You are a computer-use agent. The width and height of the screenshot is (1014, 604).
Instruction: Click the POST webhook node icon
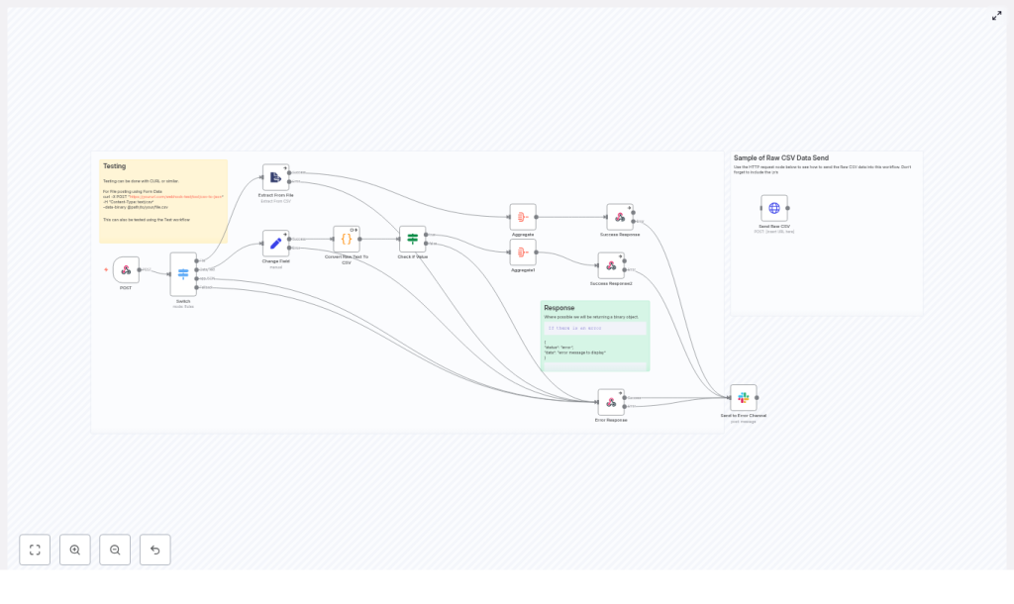(x=126, y=269)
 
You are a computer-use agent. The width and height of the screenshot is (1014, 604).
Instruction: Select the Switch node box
(x=183, y=274)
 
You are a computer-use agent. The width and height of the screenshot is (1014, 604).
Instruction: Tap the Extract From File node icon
(x=275, y=177)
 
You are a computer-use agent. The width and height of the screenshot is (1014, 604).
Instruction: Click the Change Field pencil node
(x=275, y=244)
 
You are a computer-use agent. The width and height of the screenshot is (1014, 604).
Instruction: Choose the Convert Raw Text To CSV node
(x=347, y=239)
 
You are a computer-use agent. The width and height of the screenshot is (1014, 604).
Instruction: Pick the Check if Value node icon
(x=413, y=239)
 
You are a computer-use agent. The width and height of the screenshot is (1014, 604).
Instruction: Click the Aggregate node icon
(x=523, y=217)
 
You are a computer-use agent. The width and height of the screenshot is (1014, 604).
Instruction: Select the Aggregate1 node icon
(x=523, y=252)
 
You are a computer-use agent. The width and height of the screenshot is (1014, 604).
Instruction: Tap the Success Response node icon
(x=620, y=217)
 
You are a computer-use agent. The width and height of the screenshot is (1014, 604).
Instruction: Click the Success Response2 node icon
(x=611, y=265)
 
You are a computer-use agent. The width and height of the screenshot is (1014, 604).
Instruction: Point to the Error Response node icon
(x=611, y=402)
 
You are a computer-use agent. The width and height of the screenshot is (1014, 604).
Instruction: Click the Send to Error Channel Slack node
(x=744, y=398)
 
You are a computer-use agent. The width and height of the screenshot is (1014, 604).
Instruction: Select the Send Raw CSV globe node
(x=774, y=208)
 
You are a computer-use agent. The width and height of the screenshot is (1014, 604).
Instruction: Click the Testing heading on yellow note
(x=115, y=166)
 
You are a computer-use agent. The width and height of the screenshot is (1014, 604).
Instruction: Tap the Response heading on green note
(x=558, y=308)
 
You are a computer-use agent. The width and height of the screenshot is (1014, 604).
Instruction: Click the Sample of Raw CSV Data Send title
(x=780, y=158)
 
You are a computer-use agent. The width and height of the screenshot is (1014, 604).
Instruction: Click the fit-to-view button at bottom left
(x=35, y=550)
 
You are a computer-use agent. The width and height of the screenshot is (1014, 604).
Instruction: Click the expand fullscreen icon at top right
(x=997, y=16)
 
